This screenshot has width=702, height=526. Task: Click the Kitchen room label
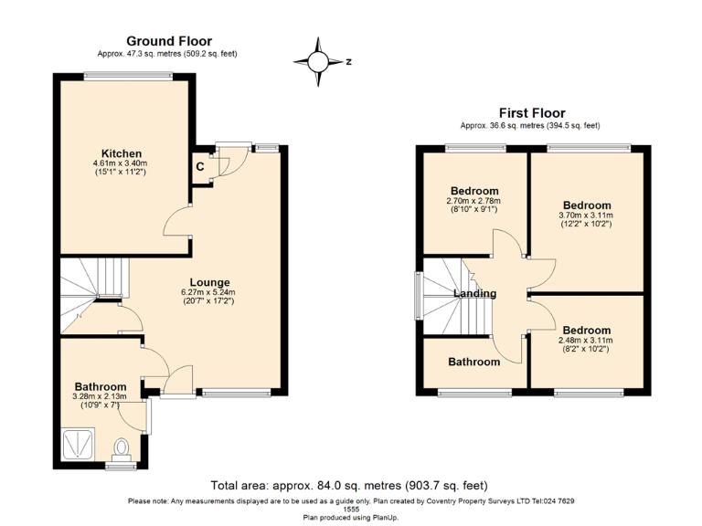coord(121,153)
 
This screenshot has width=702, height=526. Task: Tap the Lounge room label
coord(209,282)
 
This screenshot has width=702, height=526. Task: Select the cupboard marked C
coord(200,167)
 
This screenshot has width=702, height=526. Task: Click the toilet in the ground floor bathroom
coord(121,449)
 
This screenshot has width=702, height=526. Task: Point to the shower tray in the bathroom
coord(78,444)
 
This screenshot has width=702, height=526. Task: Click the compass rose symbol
coord(318,62)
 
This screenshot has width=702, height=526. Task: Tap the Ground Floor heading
coord(169,41)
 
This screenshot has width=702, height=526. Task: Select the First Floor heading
coord(532,112)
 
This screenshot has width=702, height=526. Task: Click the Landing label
coord(475,293)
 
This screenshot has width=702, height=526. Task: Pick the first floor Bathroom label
coord(474,362)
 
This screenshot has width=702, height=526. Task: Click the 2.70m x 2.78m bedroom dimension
coord(474,201)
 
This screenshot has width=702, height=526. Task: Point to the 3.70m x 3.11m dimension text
coord(587,216)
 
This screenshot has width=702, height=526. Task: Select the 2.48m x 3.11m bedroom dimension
coord(586,341)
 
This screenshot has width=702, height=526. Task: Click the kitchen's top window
coord(128,76)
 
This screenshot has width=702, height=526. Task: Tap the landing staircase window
coord(419,295)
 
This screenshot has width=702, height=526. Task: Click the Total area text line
coord(349,485)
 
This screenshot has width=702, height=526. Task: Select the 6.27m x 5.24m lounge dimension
coord(208,292)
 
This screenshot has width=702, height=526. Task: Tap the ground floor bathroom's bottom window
coord(121,467)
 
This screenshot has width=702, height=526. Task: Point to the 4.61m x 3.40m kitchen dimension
coord(120,163)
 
